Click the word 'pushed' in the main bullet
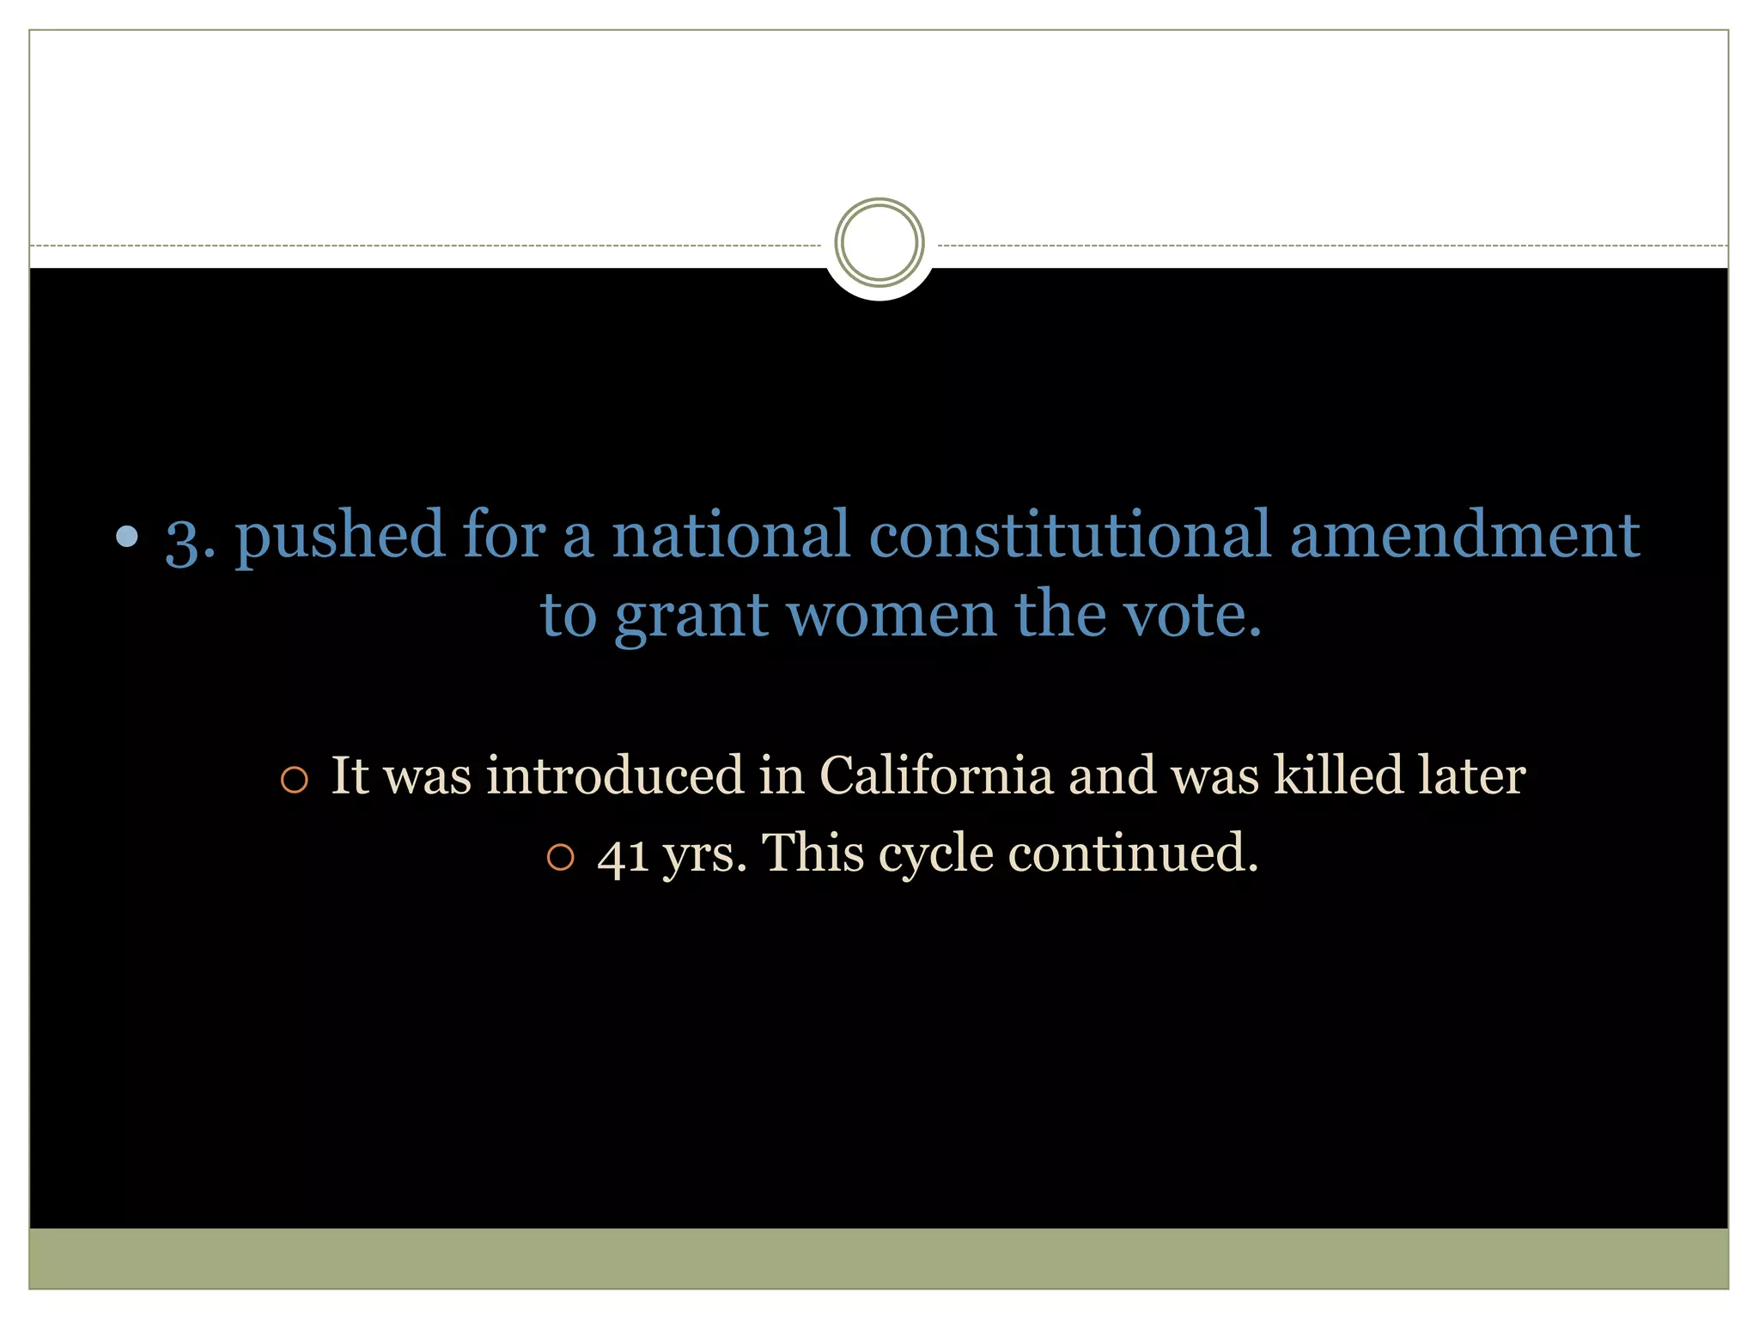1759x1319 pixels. tap(339, 536)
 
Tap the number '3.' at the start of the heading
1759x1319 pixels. tap(190, 539)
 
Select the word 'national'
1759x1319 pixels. tap(730, 534)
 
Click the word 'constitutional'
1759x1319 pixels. tap(1069, 534)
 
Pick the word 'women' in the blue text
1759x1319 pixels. tap(891, 615)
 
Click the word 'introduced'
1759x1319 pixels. tap(614, 775)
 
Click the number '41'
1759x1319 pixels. tap(623, 855)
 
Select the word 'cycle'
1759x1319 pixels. tap(935, 855)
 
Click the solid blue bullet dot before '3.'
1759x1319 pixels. tap(127, 537)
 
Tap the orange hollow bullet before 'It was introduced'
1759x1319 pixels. tap(294, 780)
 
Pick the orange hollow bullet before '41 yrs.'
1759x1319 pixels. tap(560, 858)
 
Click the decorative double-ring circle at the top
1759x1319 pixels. tap(879, 243)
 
